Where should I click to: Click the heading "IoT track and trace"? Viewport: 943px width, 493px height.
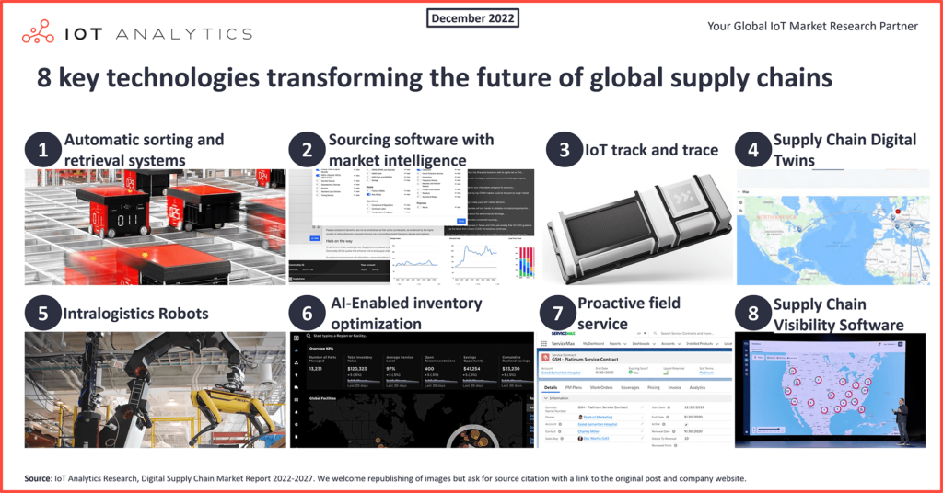pos(651,150)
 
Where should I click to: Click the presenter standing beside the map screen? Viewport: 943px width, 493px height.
pos(902,421)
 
